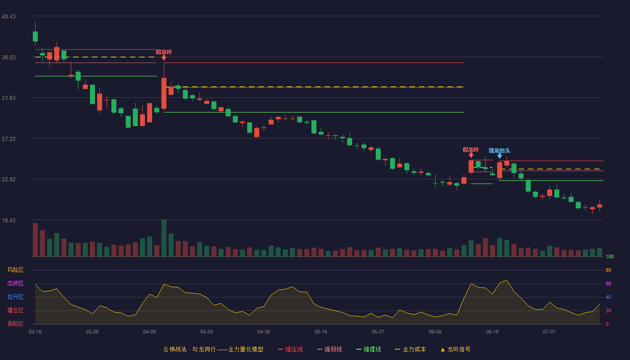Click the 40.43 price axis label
pos(9,17)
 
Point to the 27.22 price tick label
pos(9,139)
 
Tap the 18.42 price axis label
pos(9,220)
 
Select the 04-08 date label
pos(149,332)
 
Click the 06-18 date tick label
pos(492,332)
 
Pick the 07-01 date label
pos(549,332)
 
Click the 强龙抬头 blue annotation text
pos(499,150)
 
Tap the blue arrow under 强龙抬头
pos(499,156)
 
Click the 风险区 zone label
pos(15,270)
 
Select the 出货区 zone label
pos(15,283)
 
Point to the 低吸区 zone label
pos(15,324)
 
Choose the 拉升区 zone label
pos(15,297)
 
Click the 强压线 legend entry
pos(290,349)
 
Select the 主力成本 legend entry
pos(410,349)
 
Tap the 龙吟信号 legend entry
pos(455,349)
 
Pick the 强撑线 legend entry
pos(369,349)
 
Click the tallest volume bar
pos(164,238)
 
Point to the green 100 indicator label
pos(610,256)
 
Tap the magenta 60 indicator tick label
pos(608,283)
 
